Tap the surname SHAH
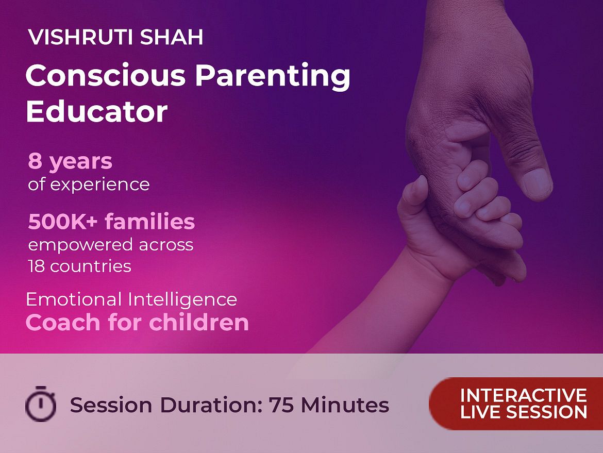(172, 37)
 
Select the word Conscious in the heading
(105, 75)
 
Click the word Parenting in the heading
(273, 76)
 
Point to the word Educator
(96, 111)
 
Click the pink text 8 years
(70, 161)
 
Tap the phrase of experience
(89, 184)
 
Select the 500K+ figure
(63, 222)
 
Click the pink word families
(150, 222)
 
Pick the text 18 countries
(79, 266)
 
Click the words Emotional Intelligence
(131, 299)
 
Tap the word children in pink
(199, 322)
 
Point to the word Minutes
(345, 405)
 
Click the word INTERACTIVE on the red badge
(524, 396)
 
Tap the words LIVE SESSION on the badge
(524, 412)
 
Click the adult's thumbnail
(537, 183)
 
